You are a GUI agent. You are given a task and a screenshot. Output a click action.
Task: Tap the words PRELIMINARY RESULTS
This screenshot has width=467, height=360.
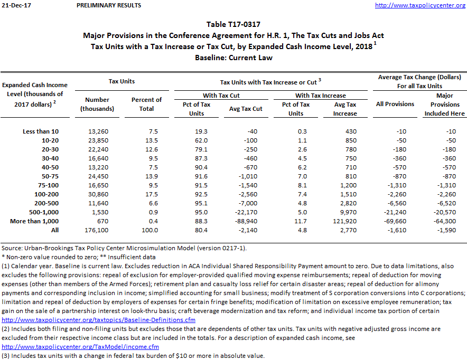[109, 5]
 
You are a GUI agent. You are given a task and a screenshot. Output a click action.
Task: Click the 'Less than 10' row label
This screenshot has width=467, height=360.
[41, 131]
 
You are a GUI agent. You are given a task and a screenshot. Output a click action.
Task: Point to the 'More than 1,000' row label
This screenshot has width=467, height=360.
[35, 221]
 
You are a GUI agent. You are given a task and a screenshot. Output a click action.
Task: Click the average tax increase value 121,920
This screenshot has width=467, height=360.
[345, 221]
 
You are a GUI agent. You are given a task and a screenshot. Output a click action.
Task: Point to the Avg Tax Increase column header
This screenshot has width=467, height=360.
[345, 109]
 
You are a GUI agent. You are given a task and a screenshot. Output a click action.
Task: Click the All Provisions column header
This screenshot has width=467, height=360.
[395, 104]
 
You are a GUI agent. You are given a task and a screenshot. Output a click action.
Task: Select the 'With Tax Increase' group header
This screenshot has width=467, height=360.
[320, 96]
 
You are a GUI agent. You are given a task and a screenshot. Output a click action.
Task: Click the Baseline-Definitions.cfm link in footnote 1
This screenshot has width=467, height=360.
[99, 320]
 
